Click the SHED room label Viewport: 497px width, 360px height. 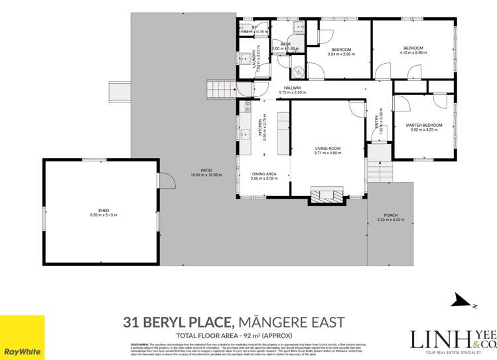[98, 211]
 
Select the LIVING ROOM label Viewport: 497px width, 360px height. [327, 149]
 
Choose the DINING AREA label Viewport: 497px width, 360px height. [263, 174]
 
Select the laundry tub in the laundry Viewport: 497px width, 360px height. [244, 57]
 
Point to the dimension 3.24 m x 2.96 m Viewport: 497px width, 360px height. [341, 54]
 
